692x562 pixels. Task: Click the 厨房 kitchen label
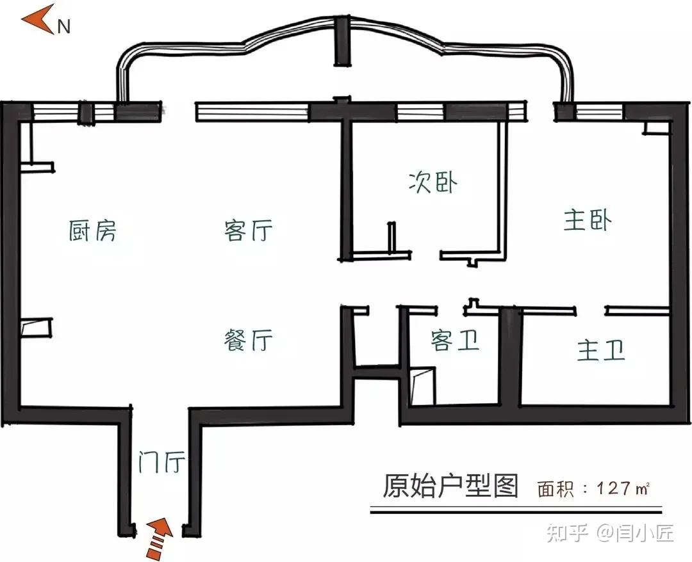pos(93,230)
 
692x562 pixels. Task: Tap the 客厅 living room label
pos(249,230)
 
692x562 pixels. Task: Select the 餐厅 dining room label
pos(249,340)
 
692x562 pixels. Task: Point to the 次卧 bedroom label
pos(434,182)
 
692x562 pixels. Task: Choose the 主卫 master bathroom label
pos(601,350)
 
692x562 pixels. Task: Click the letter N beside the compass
pos(64,27)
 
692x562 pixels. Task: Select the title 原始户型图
pos(450,486)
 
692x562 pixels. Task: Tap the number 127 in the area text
pos(615,490)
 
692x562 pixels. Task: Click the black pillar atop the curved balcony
pos(342,42)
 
